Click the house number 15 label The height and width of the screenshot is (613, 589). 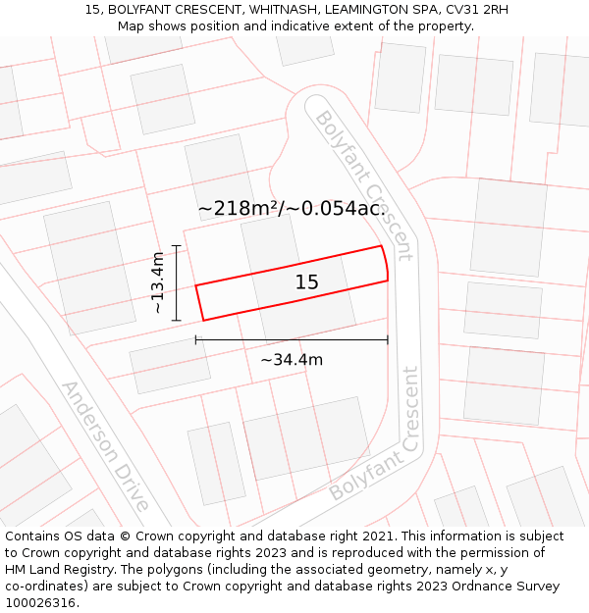pos(306,282)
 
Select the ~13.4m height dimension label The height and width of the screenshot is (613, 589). pos(157,282)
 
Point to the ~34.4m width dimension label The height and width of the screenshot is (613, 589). pos(292,360)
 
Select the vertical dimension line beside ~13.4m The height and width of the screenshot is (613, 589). pos(177,282)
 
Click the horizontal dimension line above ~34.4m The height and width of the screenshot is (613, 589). pos(292,339)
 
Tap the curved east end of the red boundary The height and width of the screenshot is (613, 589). pos(385,263)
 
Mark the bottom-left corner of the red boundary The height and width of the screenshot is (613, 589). pos(204,320)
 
